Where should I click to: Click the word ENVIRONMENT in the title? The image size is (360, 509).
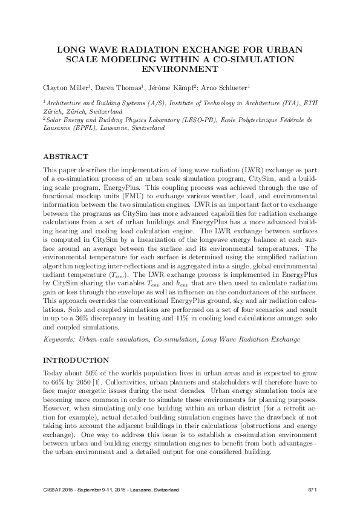pyautogui.click(x=179, y=70)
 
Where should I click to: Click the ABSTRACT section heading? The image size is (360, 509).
pyautogui.click(x=67, y=156)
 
